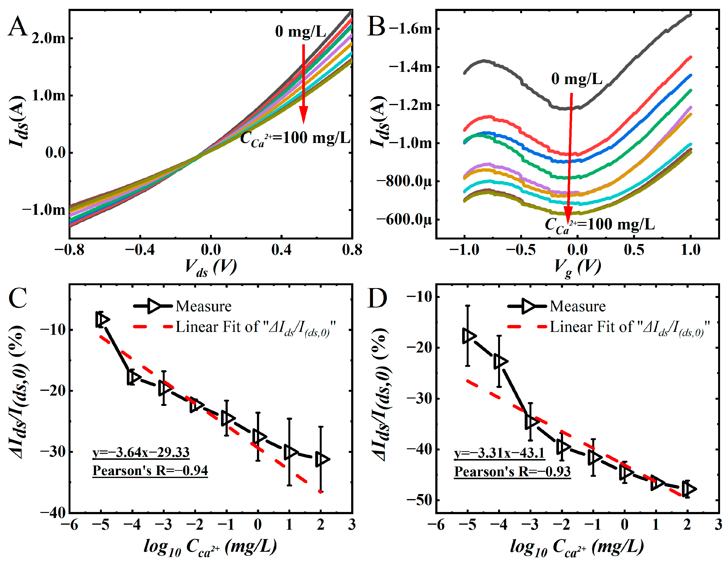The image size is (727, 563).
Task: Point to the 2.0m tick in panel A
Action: (49, 38)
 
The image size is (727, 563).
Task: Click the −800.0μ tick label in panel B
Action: (404, 182)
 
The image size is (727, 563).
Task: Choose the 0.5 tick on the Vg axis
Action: (634, 249)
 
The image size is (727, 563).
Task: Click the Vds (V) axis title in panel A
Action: (211, 268)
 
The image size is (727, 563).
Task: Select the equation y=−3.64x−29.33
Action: (141, 452)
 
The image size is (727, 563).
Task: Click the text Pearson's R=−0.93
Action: (513, 472)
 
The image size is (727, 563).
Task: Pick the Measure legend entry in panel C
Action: (182, 306)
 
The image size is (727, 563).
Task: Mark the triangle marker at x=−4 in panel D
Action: (500, 361)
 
